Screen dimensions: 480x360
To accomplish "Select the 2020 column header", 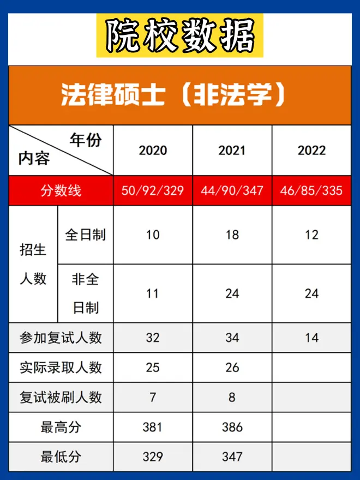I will (153, 151).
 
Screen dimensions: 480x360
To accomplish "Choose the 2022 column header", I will (311, 151).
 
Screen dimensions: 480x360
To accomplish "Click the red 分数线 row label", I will (61, 190).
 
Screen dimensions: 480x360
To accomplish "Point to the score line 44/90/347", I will (232, 190).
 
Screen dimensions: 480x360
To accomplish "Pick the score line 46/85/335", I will (311, 190).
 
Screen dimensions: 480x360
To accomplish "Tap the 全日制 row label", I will (86, 235).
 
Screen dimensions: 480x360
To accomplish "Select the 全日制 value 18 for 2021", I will (232, 235).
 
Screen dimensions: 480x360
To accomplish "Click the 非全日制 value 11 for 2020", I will (153, 293).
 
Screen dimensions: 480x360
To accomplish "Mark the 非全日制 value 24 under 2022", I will (311, 293).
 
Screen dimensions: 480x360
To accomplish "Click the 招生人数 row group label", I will (33, 265).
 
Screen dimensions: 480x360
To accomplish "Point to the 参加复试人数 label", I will (61, 338).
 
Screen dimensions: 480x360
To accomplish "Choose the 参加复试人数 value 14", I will (311, 338).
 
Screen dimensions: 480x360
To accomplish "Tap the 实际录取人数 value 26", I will (232, 368).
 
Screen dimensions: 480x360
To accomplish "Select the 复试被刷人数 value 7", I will (153, 397).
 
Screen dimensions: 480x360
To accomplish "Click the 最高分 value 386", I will (232, 427).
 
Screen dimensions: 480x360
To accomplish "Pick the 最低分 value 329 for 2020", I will (153, 457).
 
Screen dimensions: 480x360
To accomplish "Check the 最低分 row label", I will (61, 457).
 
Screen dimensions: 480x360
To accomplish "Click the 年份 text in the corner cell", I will (86, 140).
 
